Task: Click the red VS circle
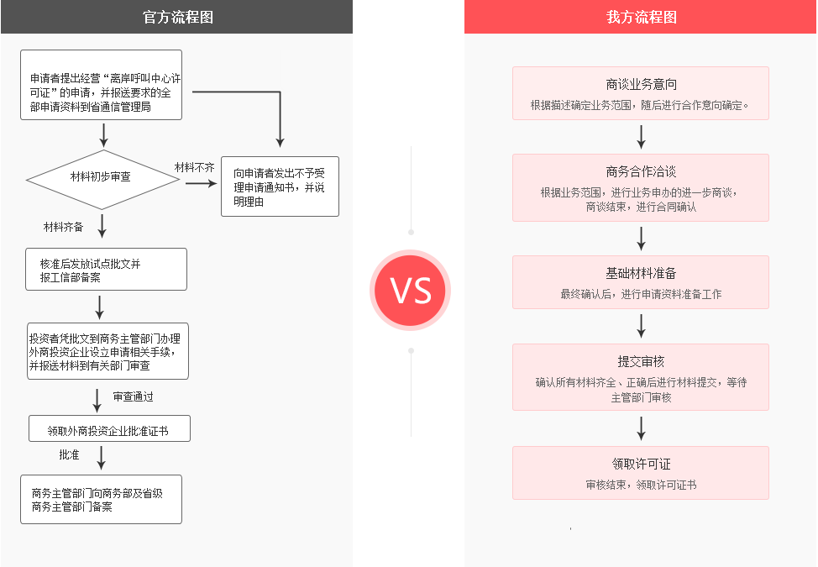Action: point(411,290)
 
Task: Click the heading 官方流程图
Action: point(178,17)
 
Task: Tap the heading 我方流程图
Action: point(641,17)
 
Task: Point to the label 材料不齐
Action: point(195,168)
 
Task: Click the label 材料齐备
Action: point(64,227)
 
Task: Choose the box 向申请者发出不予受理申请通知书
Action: point(280,187)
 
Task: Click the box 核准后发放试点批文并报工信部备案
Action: point(106,270)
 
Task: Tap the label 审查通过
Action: point(134,396)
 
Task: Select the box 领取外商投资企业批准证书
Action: point(109,429)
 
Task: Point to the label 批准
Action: point(69,454)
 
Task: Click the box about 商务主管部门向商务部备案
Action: point(101,500)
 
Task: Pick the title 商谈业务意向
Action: point(641,84)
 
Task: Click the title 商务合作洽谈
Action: point(641,171)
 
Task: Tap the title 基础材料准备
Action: point(641,273)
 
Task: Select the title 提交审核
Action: point(641,361)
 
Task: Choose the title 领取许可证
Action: point(641,464)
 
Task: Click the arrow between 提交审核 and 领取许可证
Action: point(641,428)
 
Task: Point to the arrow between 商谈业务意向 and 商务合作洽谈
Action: point(641,136)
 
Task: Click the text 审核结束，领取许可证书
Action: point(641,485)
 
